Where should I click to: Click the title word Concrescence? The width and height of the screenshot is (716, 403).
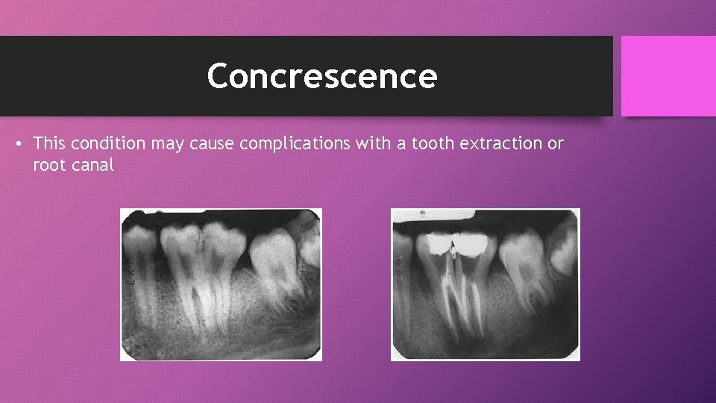coord(322,76)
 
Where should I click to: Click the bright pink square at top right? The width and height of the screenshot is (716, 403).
coord(668,76)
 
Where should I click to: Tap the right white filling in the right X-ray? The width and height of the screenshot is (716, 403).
coord(470,243)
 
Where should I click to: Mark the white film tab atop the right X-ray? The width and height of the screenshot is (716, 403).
coord(423,213)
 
